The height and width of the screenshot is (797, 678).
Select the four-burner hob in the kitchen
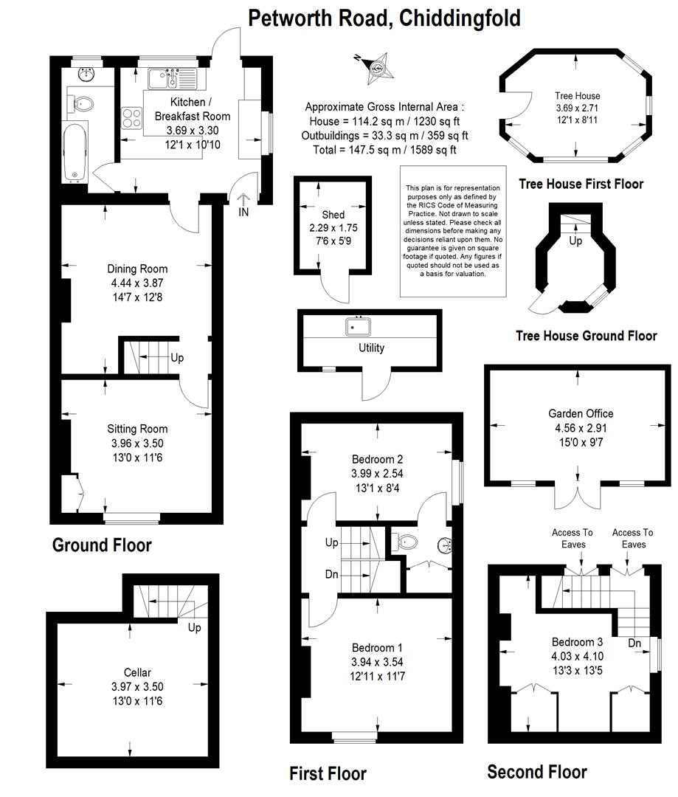point(131,117)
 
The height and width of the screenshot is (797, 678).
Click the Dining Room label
point(137,269)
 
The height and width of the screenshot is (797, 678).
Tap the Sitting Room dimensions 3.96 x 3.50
point(137,444)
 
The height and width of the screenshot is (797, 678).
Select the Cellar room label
point(137,672)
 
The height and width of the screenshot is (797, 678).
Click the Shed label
point(333,215)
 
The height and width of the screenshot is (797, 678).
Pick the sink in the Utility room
point(359,326)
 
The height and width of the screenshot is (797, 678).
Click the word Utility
point(372,348)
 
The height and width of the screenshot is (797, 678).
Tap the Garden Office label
point(581,414)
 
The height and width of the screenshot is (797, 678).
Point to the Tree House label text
point(578,95)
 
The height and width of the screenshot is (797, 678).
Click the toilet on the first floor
point(404,542)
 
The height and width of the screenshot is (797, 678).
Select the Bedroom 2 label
point(377,460)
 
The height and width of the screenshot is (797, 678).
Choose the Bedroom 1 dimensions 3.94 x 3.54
point(377,662)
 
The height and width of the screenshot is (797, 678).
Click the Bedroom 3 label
point(578,642)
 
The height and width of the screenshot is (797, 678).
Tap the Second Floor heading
point(536,772)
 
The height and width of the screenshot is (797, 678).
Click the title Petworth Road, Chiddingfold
point(384,18)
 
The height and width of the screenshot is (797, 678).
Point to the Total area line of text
point(384,149)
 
